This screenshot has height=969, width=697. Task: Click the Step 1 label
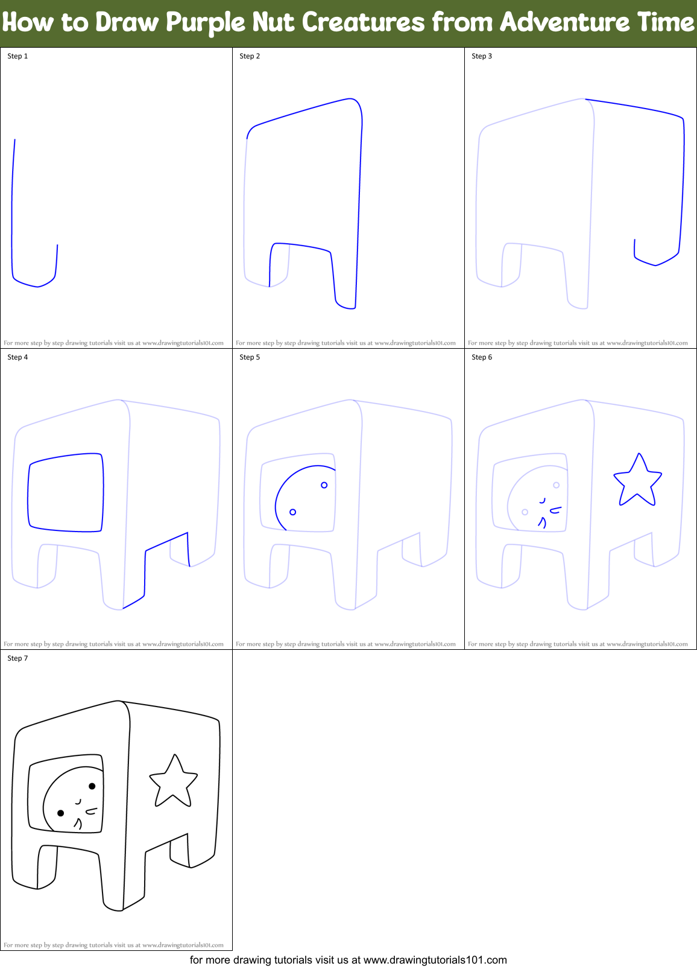coord(17,56)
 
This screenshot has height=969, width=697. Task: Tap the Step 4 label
coord(17,357)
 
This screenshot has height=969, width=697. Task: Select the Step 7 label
coord(17,658)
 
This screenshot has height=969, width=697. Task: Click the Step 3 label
coord(482,56)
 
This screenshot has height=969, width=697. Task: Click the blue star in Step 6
coord(637,482)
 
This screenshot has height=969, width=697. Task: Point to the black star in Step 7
coord(174,783)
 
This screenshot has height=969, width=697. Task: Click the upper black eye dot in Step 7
coord(92,786)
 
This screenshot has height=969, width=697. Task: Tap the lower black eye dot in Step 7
coord(60,813)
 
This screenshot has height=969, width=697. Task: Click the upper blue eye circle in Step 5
coord(324,485)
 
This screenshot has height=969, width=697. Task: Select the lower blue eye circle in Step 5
coord(293,512)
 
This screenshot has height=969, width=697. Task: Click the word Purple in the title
coord(205,23)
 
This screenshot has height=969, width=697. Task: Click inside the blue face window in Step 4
coord(65,492)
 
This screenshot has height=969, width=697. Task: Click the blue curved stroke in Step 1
coord(13,229)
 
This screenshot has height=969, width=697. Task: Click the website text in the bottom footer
coord(434,960)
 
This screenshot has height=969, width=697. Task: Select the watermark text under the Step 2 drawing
coord(345,343)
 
